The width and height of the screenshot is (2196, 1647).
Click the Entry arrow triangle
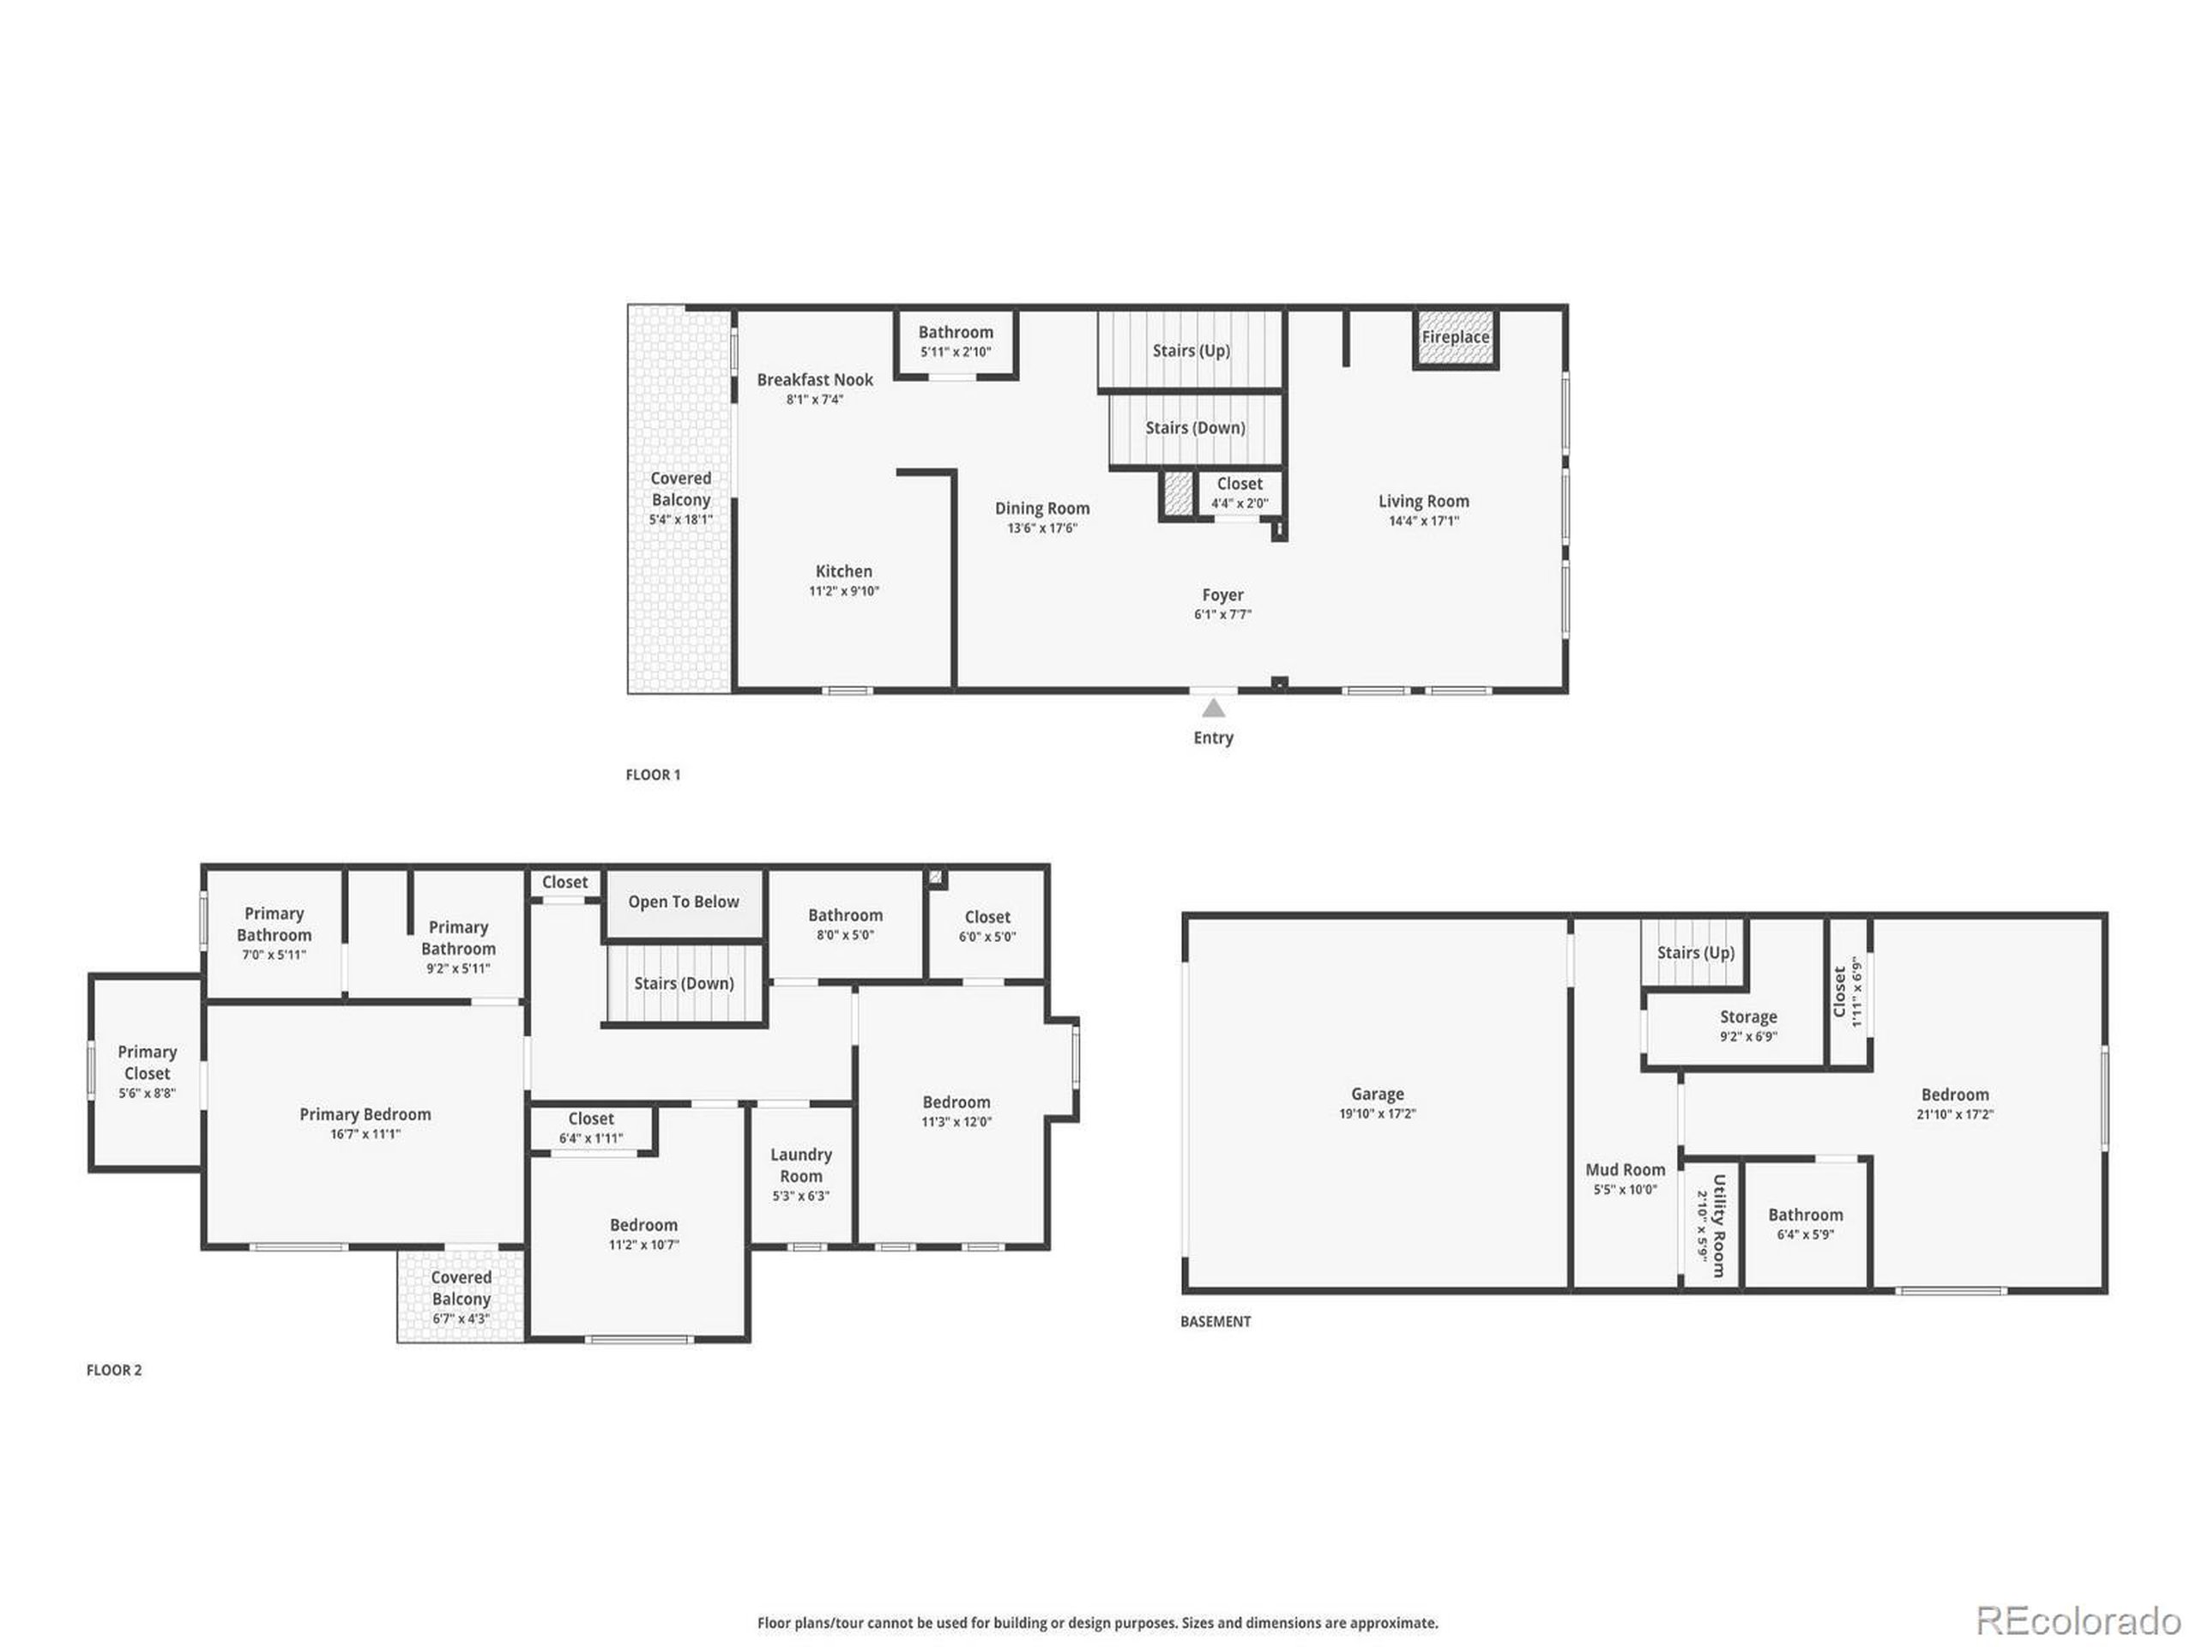pyautogui.click(x=1213, y=708)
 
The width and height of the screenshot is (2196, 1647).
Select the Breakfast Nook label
pyautogui.click(x=815, y=379)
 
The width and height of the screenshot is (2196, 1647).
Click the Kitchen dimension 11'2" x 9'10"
pyautogui.click(x=844, y=592)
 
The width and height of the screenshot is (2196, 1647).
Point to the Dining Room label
pyautogui.click(x=1042, y=509)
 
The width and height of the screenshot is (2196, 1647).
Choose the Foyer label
pyautogui.click(x=1222, y=594)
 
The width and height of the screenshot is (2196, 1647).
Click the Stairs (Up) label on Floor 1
pyautogui.click(x=1191, y=351)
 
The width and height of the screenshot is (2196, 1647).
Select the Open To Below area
pyautogui.click(x=684, y=902)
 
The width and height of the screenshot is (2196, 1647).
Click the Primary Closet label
pyautogui.click(x=147, y=1062)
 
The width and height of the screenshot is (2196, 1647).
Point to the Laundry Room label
pyautogui.click(x=801, y=1165)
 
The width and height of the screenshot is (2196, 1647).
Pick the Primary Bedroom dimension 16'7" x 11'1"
pyautogui.click(x=365, y=1134)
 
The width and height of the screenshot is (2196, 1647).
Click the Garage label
pyautogui.click(x=1377, y=1094)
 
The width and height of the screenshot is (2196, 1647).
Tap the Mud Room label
pyautogui.click(x=1626, y=1169)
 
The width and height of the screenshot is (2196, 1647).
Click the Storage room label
pyautogui.click(x=1748, y=1017)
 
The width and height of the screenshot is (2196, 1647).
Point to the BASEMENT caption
pyautogui.click(x=1216, y=1321)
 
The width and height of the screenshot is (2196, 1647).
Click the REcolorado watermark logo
pyautogui.click(x=2078, y=1620)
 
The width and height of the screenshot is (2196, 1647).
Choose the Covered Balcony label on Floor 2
pyautogui.click(x=461, y=1288)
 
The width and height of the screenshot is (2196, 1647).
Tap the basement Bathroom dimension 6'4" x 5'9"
pyautogui.click(x=1805, y=1235)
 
